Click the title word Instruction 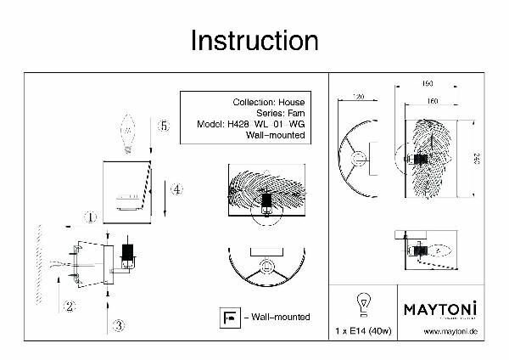[x=254, y=40]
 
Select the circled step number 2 [x=70, y=307]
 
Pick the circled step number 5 [x=164, y=126]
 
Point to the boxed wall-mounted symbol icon [x=228, y=316]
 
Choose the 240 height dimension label [x=478, y=160]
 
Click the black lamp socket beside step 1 [x=129, y=253]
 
